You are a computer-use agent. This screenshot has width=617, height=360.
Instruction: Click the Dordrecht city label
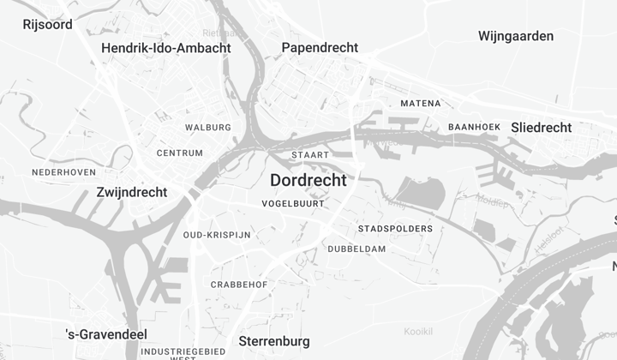[308, 181]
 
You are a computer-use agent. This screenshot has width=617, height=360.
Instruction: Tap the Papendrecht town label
[320, 48]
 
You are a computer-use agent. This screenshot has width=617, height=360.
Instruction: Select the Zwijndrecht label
[132, 192]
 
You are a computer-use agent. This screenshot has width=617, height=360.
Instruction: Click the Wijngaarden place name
[515, 36]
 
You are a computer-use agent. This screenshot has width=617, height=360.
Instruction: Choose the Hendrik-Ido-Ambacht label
[165, 48]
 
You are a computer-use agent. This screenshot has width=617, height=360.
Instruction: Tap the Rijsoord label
[47, 24]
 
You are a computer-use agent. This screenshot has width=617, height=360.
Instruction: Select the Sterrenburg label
[274, 341]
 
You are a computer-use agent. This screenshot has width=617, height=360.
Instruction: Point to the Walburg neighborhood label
[208, 128]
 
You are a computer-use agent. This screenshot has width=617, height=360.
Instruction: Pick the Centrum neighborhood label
[180, 153]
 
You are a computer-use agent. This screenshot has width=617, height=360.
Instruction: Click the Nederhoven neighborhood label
[63, 172]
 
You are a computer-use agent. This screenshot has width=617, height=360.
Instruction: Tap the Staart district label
[310, 155]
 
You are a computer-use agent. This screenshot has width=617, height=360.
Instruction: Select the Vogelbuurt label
[293, 204]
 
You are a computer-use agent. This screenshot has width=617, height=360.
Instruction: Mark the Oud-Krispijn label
[217, 235]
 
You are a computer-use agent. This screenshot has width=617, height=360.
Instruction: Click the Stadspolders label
[395, 229]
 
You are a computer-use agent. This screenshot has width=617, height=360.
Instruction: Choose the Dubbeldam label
[356, 249]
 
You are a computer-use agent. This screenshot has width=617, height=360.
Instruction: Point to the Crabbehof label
[239, 285]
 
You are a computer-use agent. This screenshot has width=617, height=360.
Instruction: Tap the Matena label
[420, 104]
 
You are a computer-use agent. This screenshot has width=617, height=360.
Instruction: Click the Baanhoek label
[474, 128]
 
